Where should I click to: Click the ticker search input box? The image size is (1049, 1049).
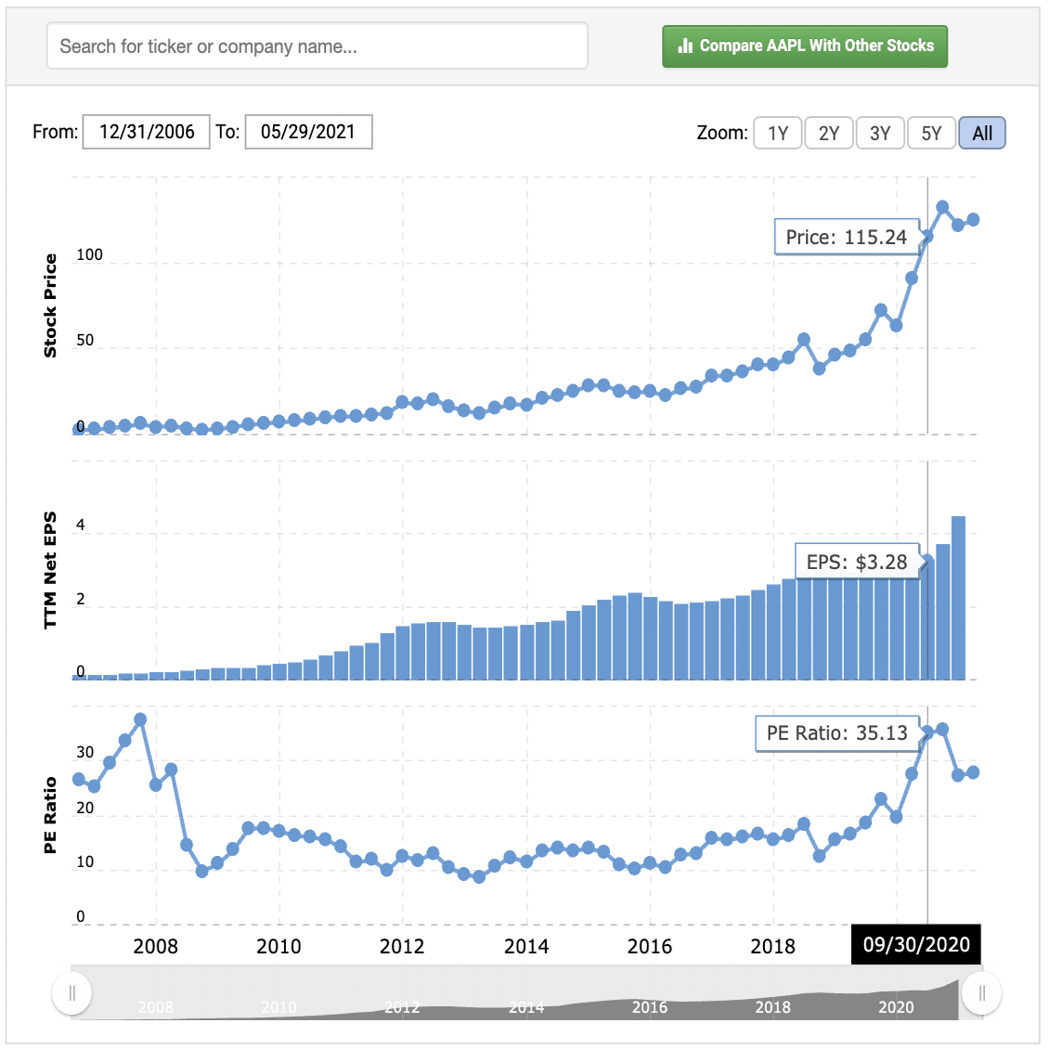pos(317,46)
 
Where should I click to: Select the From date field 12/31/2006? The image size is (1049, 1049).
pos(147,132)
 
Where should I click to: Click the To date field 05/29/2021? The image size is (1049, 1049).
pos(308,132)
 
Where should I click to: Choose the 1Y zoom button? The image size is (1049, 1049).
pos(778,133)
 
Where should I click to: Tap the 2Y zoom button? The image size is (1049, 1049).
pos(829,133)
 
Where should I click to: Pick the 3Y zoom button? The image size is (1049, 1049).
pos(880,133)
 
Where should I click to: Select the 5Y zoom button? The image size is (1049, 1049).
pos(931,133)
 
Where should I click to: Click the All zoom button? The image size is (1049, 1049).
pos(982,133)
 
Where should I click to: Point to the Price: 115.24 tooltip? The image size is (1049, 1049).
pos(846,237)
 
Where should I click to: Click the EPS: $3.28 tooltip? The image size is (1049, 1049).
pos(856,562)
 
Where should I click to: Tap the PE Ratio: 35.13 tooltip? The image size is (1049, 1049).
pos(836,732)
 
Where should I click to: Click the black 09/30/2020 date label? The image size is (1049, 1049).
pos(916,945)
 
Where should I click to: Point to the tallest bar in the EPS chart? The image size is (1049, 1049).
pos(958,598)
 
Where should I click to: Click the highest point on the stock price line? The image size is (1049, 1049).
pos(942,207)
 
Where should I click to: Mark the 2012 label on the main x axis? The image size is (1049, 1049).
pos(402,946)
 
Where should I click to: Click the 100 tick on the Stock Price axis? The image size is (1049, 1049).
pos(89,254)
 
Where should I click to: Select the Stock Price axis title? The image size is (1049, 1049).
pos(50,305)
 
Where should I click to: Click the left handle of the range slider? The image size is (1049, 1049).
pos(72,994)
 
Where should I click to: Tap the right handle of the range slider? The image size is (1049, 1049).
pos(981,994)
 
